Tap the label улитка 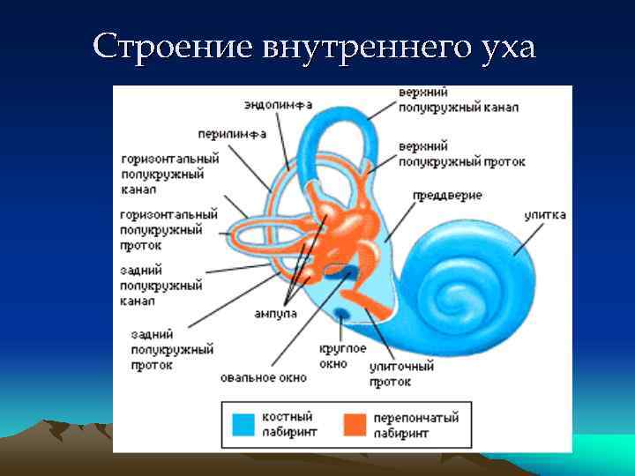coord(544,214)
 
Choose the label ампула coord(276,314)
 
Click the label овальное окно coord(264,377)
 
